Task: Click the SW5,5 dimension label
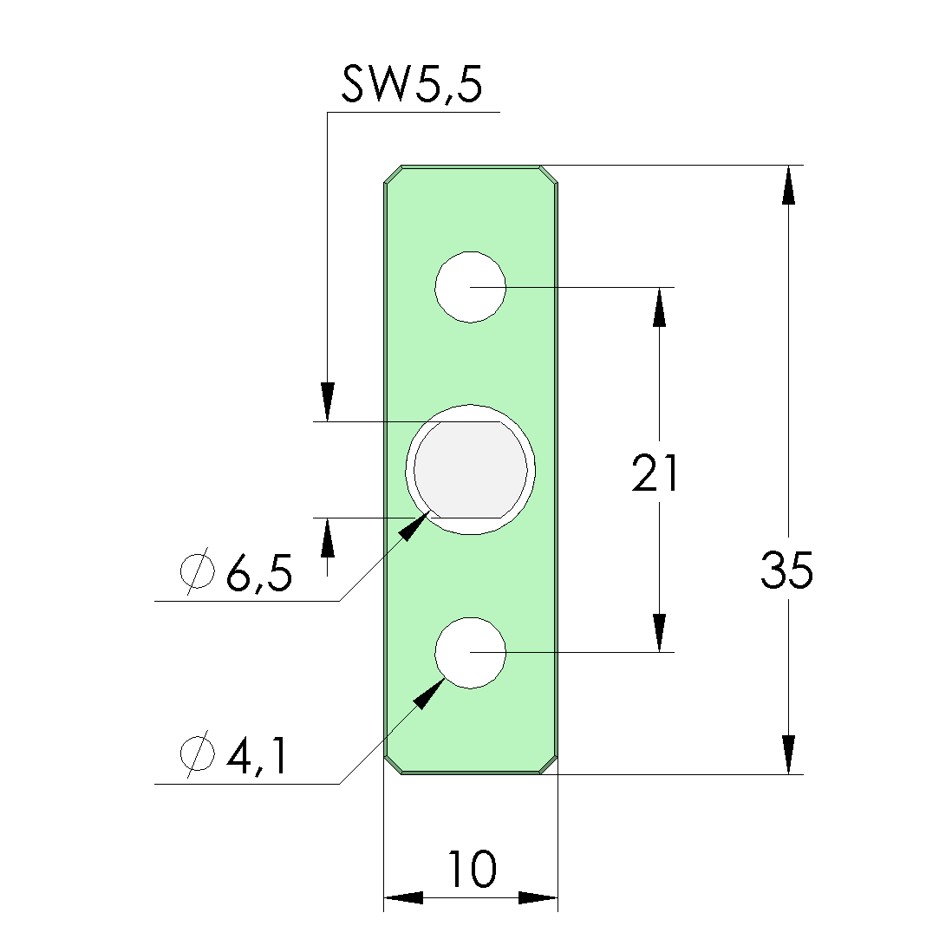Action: point(412,85)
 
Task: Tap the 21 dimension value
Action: point(655,473)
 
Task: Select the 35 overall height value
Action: point(787,570)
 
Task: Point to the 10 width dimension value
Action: point(472,868)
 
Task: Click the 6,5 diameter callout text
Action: point(259,573)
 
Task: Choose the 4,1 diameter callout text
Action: point(258,756)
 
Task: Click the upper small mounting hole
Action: point(470,288)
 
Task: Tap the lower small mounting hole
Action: point(470,653)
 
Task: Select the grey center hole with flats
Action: point(471,470)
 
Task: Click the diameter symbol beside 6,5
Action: point(197,571)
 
